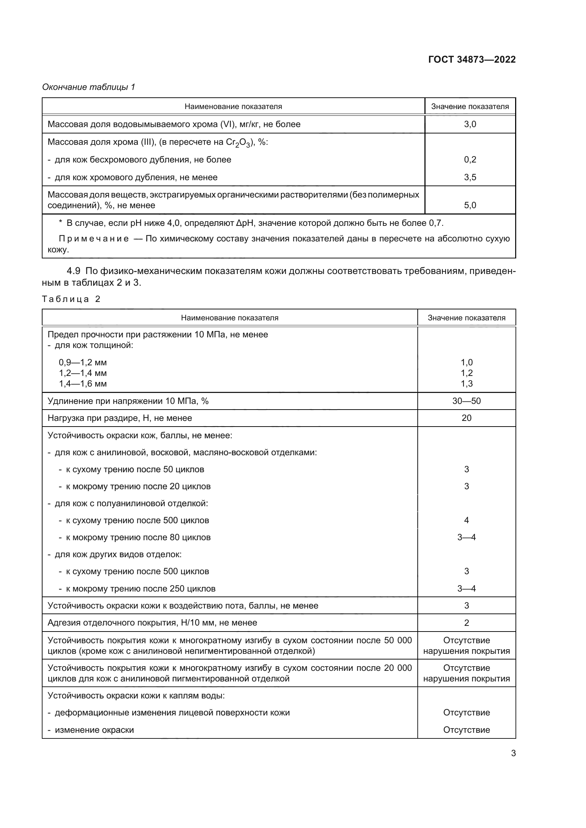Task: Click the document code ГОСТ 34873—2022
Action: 472,59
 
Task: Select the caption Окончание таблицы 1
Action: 89,87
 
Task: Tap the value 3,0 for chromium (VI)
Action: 470,124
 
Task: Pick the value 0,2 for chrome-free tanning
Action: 470,160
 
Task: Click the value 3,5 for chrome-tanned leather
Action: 470,177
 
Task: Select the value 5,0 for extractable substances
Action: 470,206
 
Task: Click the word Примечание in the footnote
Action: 94,239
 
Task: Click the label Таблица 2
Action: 71,299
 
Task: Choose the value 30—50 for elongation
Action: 466,401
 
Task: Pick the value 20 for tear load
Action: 466,418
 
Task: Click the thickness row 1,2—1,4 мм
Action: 83,373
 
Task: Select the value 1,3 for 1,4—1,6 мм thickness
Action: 466,384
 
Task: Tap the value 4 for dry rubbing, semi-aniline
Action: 466,520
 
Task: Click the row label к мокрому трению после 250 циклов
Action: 140,589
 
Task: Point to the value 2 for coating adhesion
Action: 466,623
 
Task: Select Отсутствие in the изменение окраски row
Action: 466,730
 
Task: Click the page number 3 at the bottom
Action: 513,753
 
